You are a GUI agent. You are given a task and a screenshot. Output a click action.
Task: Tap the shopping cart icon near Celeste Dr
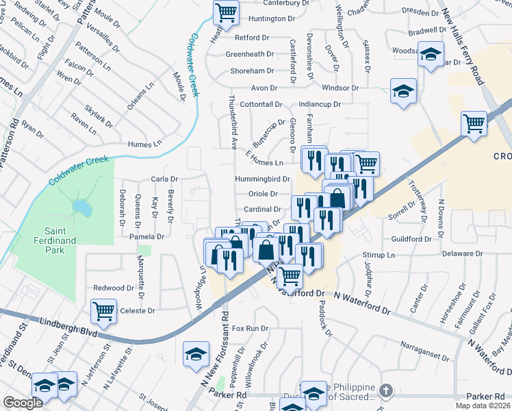point(103,312)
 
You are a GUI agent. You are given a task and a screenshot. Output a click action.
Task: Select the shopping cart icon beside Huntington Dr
point(226,12)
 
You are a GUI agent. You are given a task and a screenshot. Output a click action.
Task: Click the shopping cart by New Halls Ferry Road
point(473,123)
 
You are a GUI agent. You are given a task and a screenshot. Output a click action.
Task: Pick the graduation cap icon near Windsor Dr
point(403,90)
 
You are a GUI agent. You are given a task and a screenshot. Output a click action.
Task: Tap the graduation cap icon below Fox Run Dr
point(196,353)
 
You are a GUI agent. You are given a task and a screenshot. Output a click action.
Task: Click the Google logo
point(23,403)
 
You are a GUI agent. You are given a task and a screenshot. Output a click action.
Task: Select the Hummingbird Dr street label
point(263,179)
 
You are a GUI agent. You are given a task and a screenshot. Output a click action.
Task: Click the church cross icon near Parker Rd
point(386,390)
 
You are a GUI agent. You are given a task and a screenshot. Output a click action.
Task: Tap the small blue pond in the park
point(81,206)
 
